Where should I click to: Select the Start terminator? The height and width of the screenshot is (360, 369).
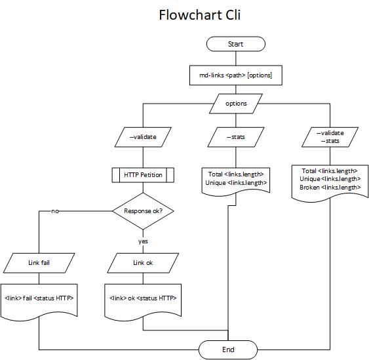(235, 44)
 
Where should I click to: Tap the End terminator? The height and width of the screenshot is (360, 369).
(228, 350)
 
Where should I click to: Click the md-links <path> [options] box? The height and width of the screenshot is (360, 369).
(235, 75)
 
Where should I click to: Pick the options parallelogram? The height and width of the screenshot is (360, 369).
(236, 104)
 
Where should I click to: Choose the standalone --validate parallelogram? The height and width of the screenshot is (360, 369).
(142, 137)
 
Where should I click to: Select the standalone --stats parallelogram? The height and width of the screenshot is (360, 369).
(236, 137)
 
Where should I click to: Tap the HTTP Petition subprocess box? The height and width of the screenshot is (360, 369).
(142, 174)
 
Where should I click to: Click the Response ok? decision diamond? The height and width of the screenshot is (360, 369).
(143, 211)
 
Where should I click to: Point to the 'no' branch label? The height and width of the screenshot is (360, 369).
(55, 211)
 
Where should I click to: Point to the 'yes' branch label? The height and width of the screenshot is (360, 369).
(143, 241)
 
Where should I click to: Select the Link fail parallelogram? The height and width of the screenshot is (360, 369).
(39, 263)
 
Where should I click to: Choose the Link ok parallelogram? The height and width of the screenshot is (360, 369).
(142, 263)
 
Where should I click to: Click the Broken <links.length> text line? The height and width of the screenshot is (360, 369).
(330, 188)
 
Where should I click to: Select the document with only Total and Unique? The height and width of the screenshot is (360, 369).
(236, 179)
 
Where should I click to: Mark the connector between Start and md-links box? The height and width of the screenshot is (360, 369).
(235, 58)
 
